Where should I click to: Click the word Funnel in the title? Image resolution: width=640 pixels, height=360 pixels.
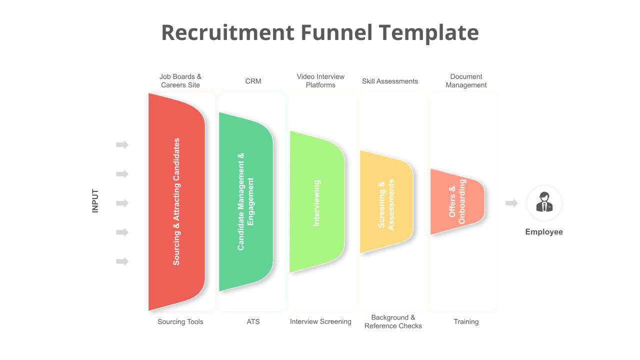tap(336, 32)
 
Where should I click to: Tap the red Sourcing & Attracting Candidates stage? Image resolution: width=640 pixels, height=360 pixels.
tap(176, 201)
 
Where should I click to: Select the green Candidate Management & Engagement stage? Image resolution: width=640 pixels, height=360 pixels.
tap(245, 201)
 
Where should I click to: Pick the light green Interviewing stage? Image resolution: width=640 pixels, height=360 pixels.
tap(317, 201)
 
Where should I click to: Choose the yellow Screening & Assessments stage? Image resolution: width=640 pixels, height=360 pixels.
tap(386, 201)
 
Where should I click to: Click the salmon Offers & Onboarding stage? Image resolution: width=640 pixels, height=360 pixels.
tap(457, 201)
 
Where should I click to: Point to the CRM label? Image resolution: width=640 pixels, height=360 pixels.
tap(253, 81)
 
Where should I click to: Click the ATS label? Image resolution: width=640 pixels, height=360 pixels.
tap(253, 321)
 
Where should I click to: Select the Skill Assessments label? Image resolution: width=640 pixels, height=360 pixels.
tap(389, 81)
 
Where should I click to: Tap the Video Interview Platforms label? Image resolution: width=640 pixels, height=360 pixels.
tap(320, 81)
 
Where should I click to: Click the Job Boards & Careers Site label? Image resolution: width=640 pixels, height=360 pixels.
tap(180, 81)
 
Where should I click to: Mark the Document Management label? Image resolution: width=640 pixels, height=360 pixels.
tap(466, 81)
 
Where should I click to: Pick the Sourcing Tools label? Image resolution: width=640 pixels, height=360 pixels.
tap(180, 321)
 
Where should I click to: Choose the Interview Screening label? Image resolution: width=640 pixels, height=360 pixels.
tap(320, 321)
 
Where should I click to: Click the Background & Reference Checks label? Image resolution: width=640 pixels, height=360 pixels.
tap(393, 321)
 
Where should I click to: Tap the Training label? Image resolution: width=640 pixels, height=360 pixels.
tap(466, 321)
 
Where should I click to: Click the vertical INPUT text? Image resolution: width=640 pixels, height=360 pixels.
tap(95, 201)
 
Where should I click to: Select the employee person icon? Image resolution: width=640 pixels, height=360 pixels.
tap(544, 202)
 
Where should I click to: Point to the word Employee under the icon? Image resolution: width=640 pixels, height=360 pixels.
tap(544, 231)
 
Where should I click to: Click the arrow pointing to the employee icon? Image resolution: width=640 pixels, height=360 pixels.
tap(511, 203)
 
